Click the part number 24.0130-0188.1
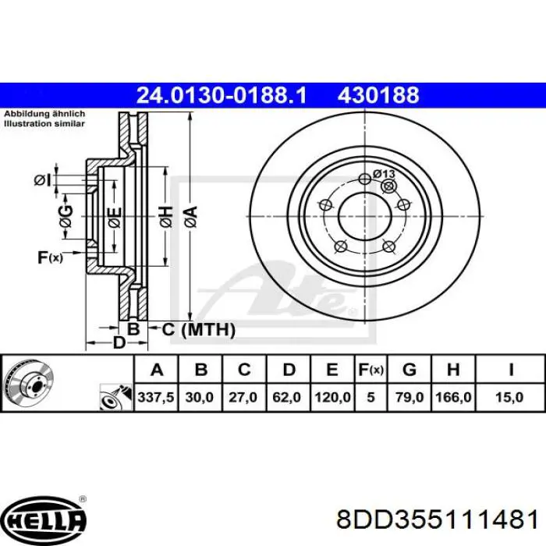tap(222, 95)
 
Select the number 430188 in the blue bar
tap(378, 95)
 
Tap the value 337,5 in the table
tap(156, 397)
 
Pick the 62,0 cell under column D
tap(286, 397)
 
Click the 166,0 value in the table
tap(453, 397)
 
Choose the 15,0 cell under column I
tap(509, 397)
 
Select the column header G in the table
tap(409, 370)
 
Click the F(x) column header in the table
tap(370, 370)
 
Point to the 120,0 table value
tap(332, 397)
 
